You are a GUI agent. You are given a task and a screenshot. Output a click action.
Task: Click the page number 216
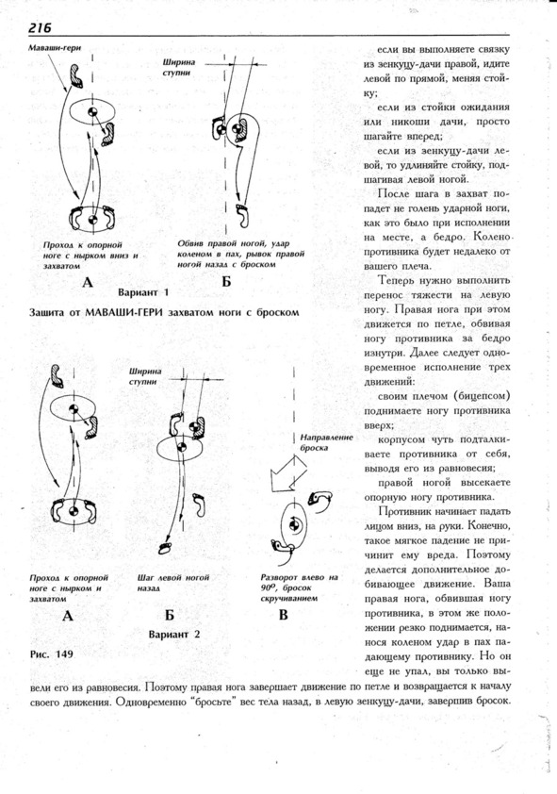(40, 28)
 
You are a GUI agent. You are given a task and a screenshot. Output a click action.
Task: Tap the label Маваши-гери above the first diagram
(55, 48)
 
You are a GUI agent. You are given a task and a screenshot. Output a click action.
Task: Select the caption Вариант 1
(143, 292)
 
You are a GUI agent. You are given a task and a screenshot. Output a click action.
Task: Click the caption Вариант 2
(174, 634)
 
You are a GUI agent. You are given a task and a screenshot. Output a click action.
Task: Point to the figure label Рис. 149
(52, 653)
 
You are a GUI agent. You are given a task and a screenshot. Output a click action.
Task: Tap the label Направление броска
(326, 442)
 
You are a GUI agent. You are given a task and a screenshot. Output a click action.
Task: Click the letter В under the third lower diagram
(284, 615)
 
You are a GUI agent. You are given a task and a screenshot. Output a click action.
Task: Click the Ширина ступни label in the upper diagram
(178, 67)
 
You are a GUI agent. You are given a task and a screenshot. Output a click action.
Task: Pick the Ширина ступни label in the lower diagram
(145, 376)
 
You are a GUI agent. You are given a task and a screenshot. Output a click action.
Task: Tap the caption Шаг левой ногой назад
(173, 583)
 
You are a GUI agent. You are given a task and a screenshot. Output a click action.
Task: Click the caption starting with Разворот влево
(299, 587)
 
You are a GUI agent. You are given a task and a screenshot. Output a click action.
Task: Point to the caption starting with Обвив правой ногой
(241, 254)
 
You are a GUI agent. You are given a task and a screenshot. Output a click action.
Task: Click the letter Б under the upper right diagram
(226, 282)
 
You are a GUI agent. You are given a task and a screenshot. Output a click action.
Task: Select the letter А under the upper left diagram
(88, 282)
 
